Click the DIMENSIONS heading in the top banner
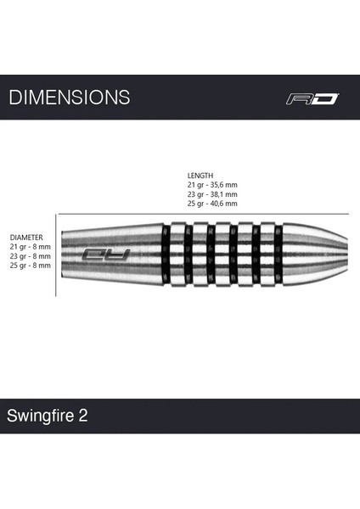(70, 98)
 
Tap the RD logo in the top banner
(311, 98)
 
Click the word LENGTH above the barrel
(200, 175)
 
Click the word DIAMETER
(26, 237)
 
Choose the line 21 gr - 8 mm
(30, 246)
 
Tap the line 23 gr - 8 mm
(30, 256)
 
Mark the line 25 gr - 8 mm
(30, 266)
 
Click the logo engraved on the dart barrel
(105, 254)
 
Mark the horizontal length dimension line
(204, 214)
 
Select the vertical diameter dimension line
(57, 255)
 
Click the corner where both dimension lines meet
(57, 214)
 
